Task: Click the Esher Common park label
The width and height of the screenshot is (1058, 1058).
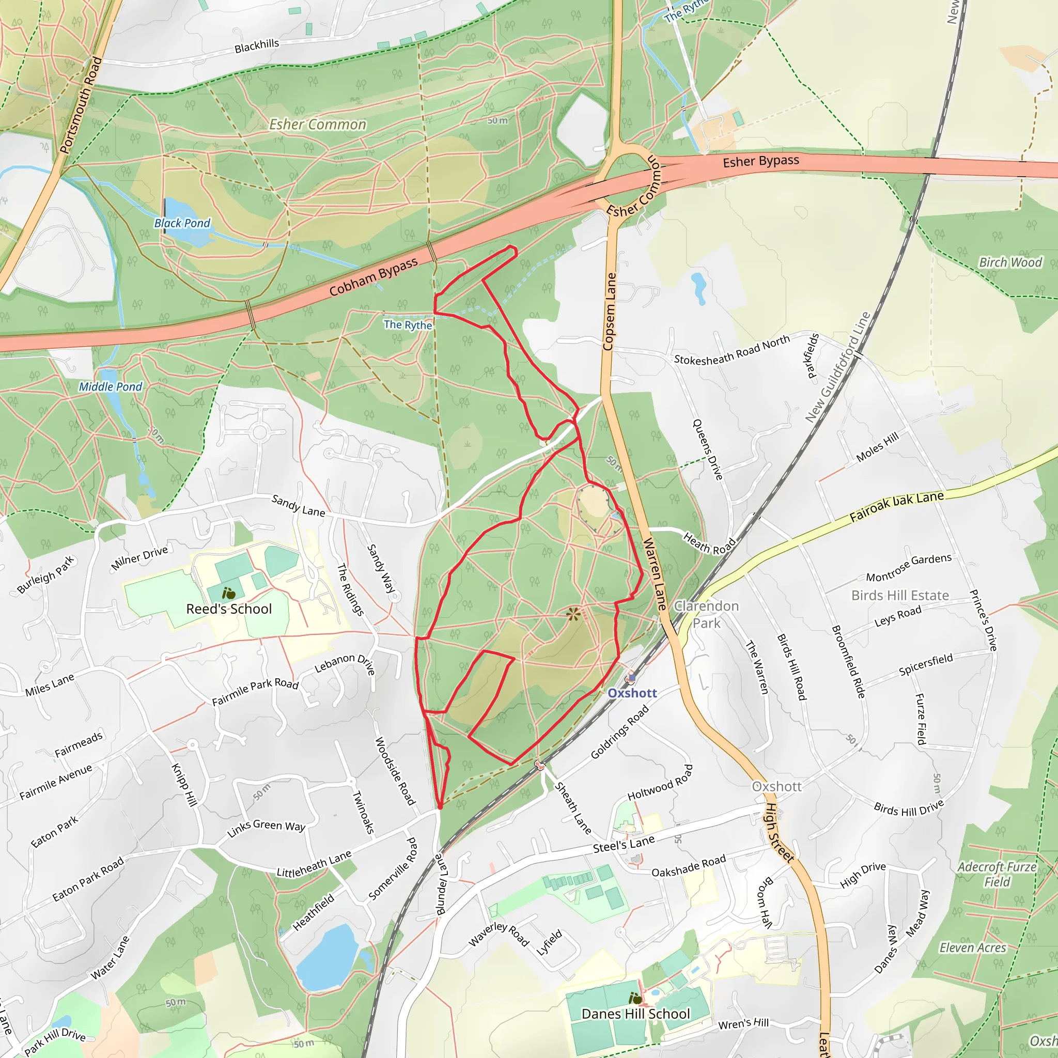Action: [318, 125]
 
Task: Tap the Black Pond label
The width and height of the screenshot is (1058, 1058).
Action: [182, 223]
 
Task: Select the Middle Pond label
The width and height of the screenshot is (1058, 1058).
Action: [110, 386]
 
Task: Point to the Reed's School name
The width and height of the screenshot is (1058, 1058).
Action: [229, 609]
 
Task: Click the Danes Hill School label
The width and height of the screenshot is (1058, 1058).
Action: [635, 1014]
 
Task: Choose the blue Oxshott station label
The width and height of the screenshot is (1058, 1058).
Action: [632, 693]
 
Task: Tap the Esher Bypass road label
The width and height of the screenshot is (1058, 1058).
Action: [760, 162]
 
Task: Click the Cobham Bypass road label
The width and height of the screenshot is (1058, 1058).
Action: [374, 276]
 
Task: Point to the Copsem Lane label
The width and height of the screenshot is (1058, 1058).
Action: [609, 311]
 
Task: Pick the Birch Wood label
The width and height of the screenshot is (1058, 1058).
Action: [1010, 263]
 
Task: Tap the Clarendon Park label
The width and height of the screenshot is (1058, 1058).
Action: [706, 614]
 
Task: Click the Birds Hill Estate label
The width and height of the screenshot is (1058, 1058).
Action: [900, 595]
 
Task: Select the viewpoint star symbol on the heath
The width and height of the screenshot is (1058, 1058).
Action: [573, 614]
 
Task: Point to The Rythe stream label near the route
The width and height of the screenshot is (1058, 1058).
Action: [408, 325]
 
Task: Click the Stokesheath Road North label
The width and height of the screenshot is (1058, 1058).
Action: [732, 350]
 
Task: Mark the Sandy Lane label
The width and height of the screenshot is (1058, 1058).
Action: [299, 505]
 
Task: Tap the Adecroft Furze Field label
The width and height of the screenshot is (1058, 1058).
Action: [997, 874]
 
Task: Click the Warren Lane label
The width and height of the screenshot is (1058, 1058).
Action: [655, 573]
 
